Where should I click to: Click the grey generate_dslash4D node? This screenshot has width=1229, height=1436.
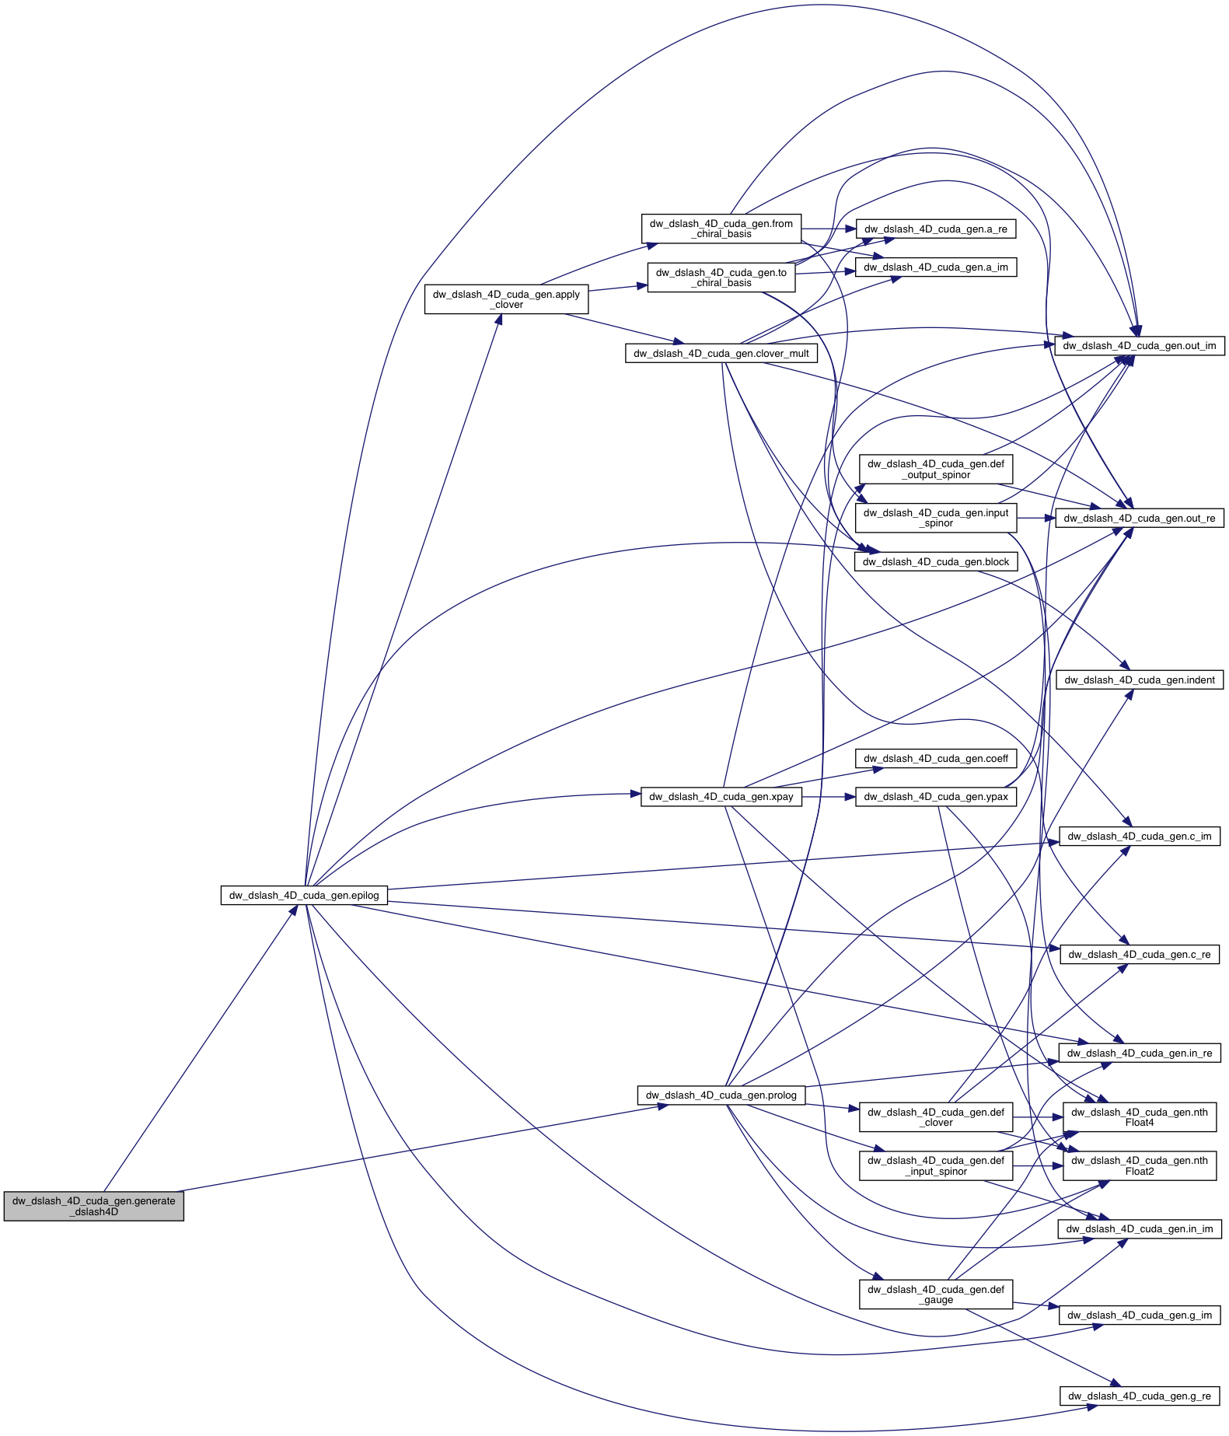[x=93, y=1206]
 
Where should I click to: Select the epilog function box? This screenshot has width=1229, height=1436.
[x=304, y=895]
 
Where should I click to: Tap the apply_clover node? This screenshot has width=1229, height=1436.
[x=506, y=299]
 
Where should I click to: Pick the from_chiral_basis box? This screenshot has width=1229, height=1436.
[x=721, y=229]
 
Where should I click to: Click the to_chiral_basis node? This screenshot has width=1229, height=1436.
[x=721, y=278]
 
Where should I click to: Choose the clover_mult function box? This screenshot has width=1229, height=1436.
[x=721, y=353]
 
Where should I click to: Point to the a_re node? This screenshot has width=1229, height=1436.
[x=935, y=229]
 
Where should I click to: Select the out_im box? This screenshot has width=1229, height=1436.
[x=1139, y=345]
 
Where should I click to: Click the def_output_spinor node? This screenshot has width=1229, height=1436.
[x=935, y=469]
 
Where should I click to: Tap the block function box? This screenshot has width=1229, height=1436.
[x=935, y=561]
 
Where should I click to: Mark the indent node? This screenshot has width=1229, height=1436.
[x=1139, y=680]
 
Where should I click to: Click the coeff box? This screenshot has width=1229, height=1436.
[x=935, y=758]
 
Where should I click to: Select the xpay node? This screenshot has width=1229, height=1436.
[x=721, y=796]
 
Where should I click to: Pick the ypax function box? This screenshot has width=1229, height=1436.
[x=935, y=796]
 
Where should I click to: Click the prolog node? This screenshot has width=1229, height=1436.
[x=721, y=1095]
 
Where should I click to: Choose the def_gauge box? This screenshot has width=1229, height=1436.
[x=935, y=1294]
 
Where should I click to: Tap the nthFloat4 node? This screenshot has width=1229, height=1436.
[x=1139, y=1117]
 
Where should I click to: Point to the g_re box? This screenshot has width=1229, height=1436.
[x=1139, y=1396]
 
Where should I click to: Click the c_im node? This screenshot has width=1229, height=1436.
[x=1139, y=836]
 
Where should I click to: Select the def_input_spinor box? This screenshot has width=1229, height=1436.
[x=935, y=1165]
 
